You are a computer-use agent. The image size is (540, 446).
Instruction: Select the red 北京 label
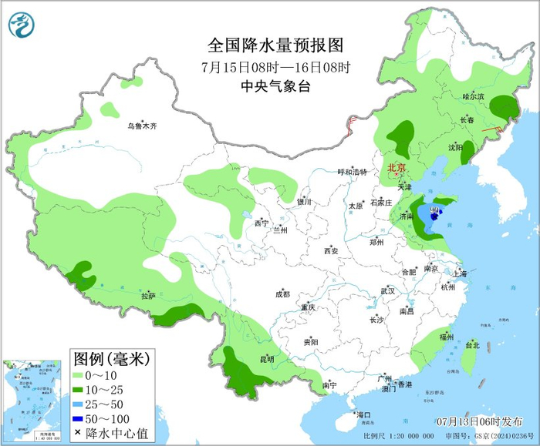pos(397,167)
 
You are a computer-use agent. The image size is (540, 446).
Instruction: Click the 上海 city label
pos(460,273)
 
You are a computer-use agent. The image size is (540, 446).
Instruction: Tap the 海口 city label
pos(364,415)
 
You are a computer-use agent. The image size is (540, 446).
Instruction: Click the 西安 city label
pos(331,250)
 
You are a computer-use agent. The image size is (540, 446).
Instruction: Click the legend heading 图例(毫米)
pos(110,358)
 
